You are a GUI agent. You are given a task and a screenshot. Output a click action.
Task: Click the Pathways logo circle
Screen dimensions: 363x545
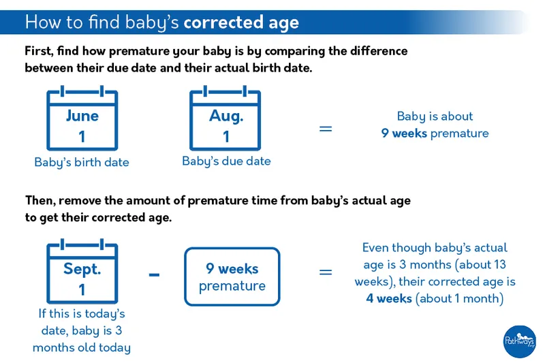tap(520, 341)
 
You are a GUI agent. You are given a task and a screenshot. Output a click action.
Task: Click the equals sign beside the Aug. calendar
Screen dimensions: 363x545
tap(326, 128)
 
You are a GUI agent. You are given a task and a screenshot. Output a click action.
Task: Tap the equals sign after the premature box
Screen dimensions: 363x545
tap(326, 272)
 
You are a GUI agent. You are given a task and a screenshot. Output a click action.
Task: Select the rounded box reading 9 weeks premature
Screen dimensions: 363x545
tap(232, 277)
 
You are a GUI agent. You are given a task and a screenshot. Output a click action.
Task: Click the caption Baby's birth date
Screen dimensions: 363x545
tap(82, 163)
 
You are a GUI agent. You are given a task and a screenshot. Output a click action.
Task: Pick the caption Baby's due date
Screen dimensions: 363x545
tap(226, 161)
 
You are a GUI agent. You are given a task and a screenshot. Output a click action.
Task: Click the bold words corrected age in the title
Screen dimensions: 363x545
tap(241, 22)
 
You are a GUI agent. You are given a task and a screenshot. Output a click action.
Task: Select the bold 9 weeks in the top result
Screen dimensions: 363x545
tap(403, 133)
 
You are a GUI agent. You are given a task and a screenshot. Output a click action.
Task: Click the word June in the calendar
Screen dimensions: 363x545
tap(82, 116)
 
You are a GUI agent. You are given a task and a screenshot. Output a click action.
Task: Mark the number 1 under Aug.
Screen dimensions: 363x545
tap(226, 136)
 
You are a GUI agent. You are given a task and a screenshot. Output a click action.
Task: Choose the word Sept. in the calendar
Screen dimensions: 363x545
tap(82, 268)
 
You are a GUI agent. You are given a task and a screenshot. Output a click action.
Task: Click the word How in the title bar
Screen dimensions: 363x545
tap(44, 22)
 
